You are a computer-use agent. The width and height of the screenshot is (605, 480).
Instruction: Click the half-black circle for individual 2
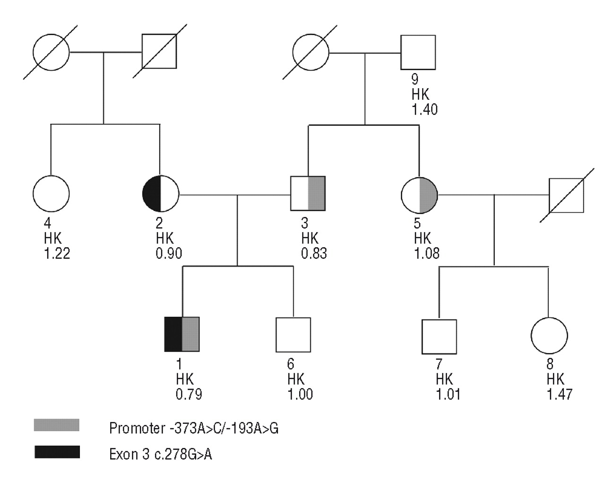pos(161,194)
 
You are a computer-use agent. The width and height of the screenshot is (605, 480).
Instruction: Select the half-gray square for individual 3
pos(308,194)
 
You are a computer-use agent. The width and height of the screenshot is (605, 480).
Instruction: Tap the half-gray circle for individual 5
pos(419,194)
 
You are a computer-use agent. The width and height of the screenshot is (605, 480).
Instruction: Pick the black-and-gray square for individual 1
pos(182,334)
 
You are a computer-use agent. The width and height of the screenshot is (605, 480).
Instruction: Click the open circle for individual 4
pos(51,194)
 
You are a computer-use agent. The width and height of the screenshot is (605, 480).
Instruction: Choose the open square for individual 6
pos(294,335)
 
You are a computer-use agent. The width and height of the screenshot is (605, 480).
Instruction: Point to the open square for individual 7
pos(439,337)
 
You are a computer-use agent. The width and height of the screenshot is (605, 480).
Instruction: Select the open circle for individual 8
pos(549,336)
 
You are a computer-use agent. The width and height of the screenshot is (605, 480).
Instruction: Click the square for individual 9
pos(418,52)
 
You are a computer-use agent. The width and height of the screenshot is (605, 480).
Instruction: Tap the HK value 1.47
pos(559,395)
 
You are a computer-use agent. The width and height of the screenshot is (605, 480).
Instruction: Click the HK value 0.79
pos(189,394)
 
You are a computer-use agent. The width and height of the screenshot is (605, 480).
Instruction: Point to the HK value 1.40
pos(424,109)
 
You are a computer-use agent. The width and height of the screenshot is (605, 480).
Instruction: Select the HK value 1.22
pos(57,253)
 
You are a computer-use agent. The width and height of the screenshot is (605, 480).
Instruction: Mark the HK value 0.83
pos(314,253)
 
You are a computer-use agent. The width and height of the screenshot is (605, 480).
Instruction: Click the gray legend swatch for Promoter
pos(57,425)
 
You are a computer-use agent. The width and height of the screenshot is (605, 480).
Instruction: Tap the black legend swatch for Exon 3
pos(57,452)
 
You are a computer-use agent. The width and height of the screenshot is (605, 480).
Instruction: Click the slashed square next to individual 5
pos(566,195)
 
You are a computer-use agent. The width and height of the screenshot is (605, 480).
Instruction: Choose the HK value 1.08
pos(427,253)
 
